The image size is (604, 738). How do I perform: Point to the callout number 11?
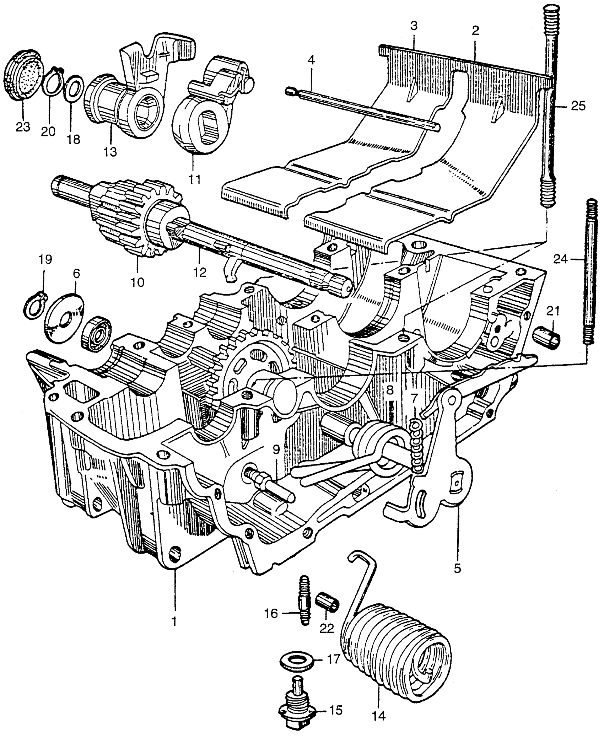tap(194, 178)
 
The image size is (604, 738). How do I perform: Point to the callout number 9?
tap(276, 449)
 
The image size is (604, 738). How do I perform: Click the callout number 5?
tap(457, 568)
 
